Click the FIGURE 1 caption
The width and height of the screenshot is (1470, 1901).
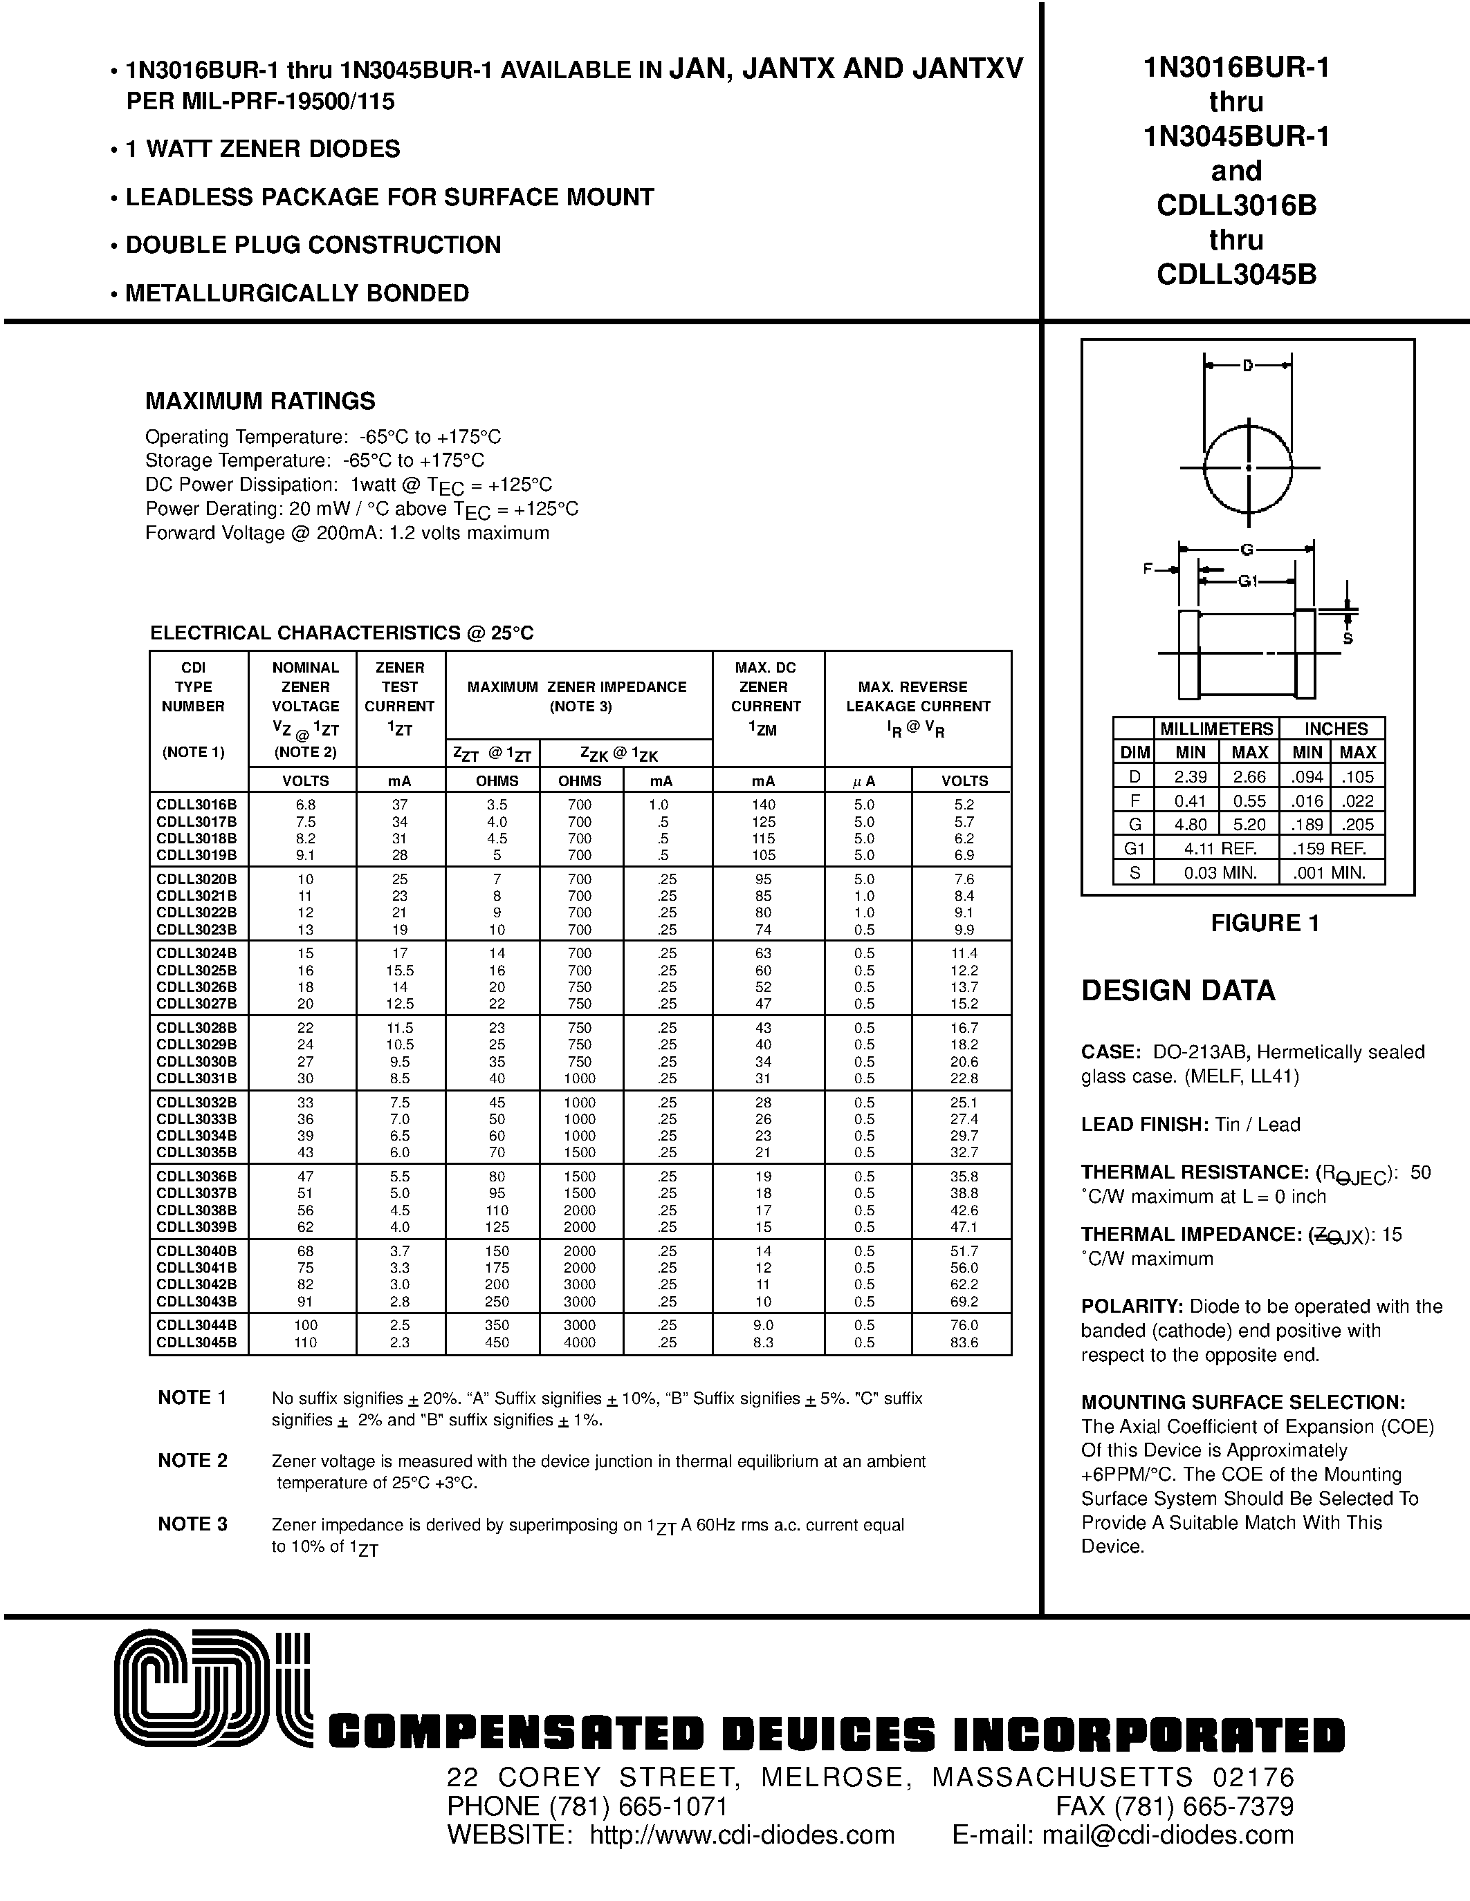(x=1265, y=924)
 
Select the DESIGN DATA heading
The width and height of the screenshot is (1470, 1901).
(x=1177, y=991)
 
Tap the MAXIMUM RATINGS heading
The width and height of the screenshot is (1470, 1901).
(x=259, y=401)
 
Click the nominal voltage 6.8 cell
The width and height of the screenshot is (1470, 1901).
(x=305, y=805)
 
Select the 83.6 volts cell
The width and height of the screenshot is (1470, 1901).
(x=964, y=1342)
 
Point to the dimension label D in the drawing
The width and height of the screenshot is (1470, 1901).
(x=1247, y=366)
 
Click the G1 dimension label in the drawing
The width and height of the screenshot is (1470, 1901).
(x=1248, y=581)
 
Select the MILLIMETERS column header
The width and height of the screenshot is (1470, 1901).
(x=1215, y=729)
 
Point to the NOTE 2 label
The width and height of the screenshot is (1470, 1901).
(x=192, y=1461)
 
